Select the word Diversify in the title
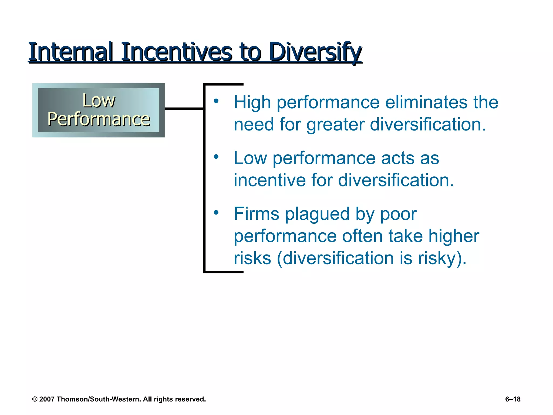315,52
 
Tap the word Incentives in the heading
177,52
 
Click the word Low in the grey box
99,101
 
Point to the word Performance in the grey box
99,119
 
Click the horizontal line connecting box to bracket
184,109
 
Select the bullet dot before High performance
216,101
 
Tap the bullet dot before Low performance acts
216,157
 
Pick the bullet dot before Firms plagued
216,212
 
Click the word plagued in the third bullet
318,214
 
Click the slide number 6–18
513,399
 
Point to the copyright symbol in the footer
35,399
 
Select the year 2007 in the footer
47,399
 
